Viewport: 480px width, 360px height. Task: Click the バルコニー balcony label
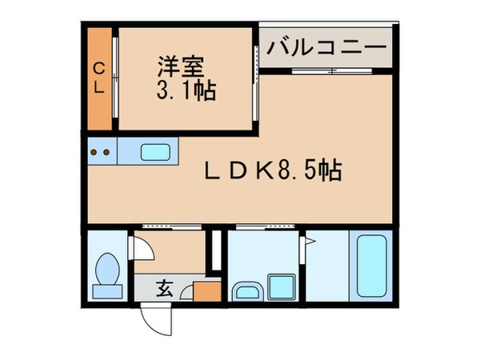click(x=326, y=47)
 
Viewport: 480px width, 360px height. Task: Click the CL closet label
click(x=98, y=78)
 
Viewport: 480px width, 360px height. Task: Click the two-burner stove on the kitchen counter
click(x=102, y=150)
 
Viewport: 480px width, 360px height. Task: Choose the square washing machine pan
click(x=281, y=286)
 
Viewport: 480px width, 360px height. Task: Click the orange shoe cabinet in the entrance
click(x=206, y=290)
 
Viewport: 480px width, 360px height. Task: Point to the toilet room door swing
click(x=141, y=249)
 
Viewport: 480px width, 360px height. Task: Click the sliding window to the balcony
click(x=324, y=72)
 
